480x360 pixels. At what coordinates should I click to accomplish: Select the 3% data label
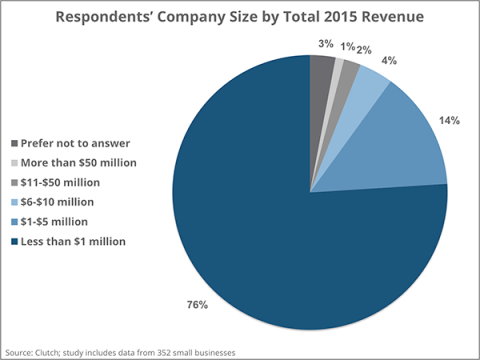point(326,44)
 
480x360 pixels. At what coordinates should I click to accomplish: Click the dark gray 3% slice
point(320,70)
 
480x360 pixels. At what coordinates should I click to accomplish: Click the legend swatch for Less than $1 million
point(12,241)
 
